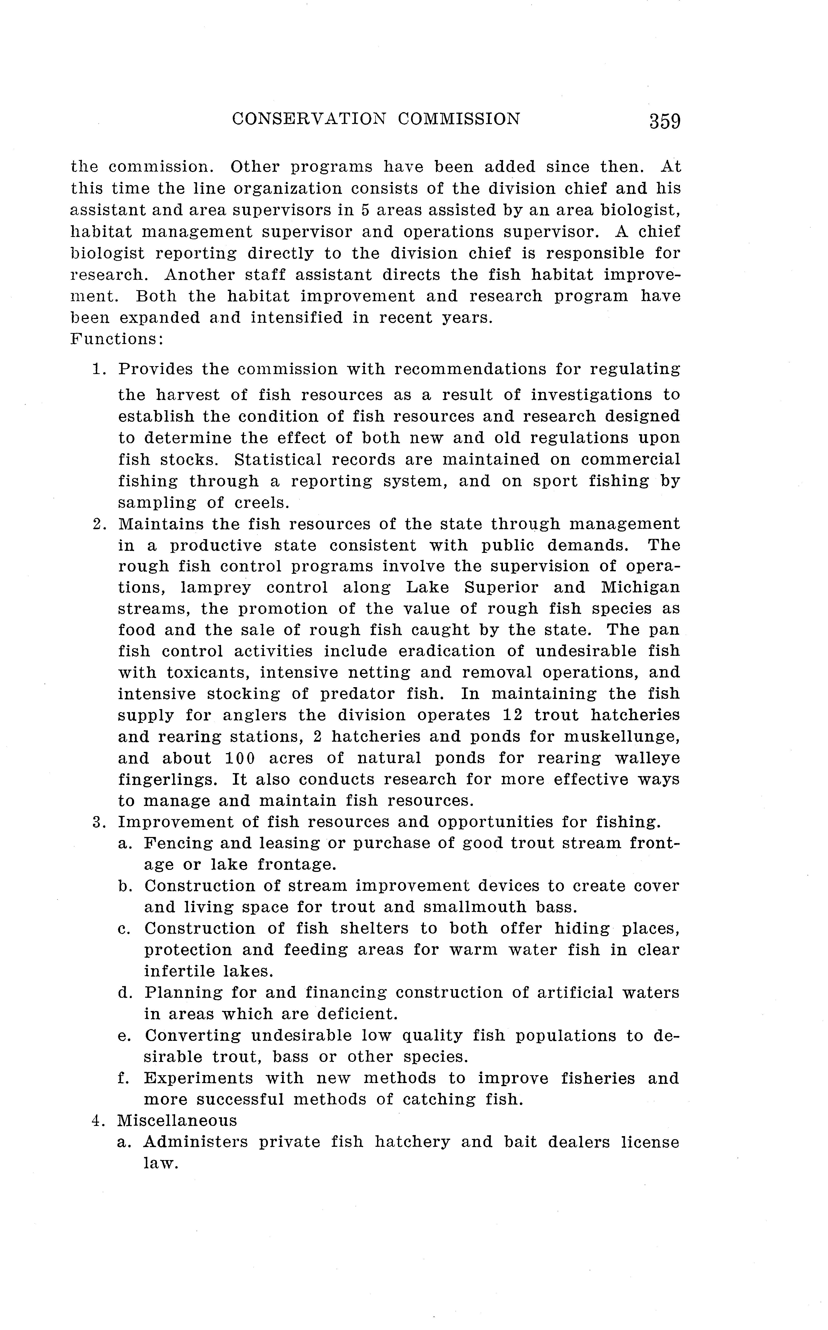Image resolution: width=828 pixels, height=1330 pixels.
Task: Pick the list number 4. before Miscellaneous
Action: pos(99,1120)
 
